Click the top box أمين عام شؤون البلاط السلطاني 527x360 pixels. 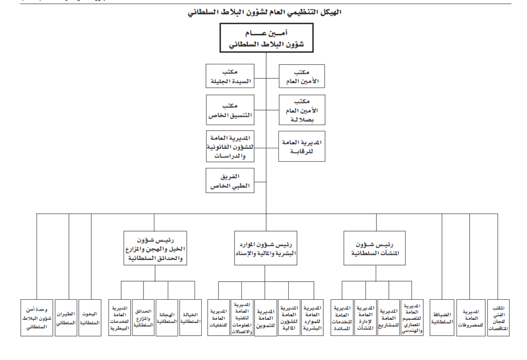point(266,40)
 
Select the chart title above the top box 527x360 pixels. point(266,11)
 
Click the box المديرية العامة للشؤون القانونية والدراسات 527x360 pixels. point(231,147)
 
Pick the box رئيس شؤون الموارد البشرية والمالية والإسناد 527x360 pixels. point(266,248)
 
